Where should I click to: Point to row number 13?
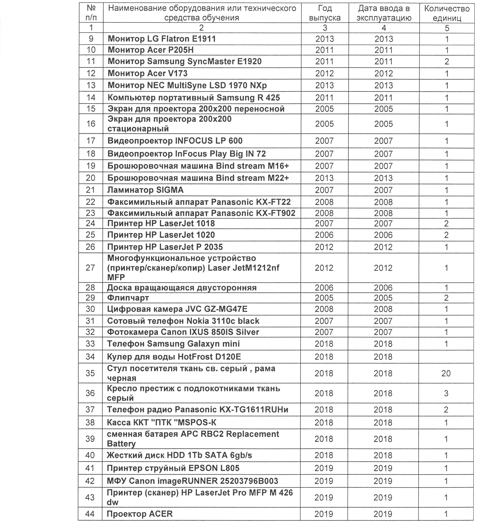click(91, 85)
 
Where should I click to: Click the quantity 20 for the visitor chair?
click(446, 373)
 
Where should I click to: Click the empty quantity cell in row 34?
click(446, 357)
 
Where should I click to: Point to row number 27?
click(90, 268)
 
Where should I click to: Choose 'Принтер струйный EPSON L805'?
click(173, 468)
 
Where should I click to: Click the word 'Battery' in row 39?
click(121, 444)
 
